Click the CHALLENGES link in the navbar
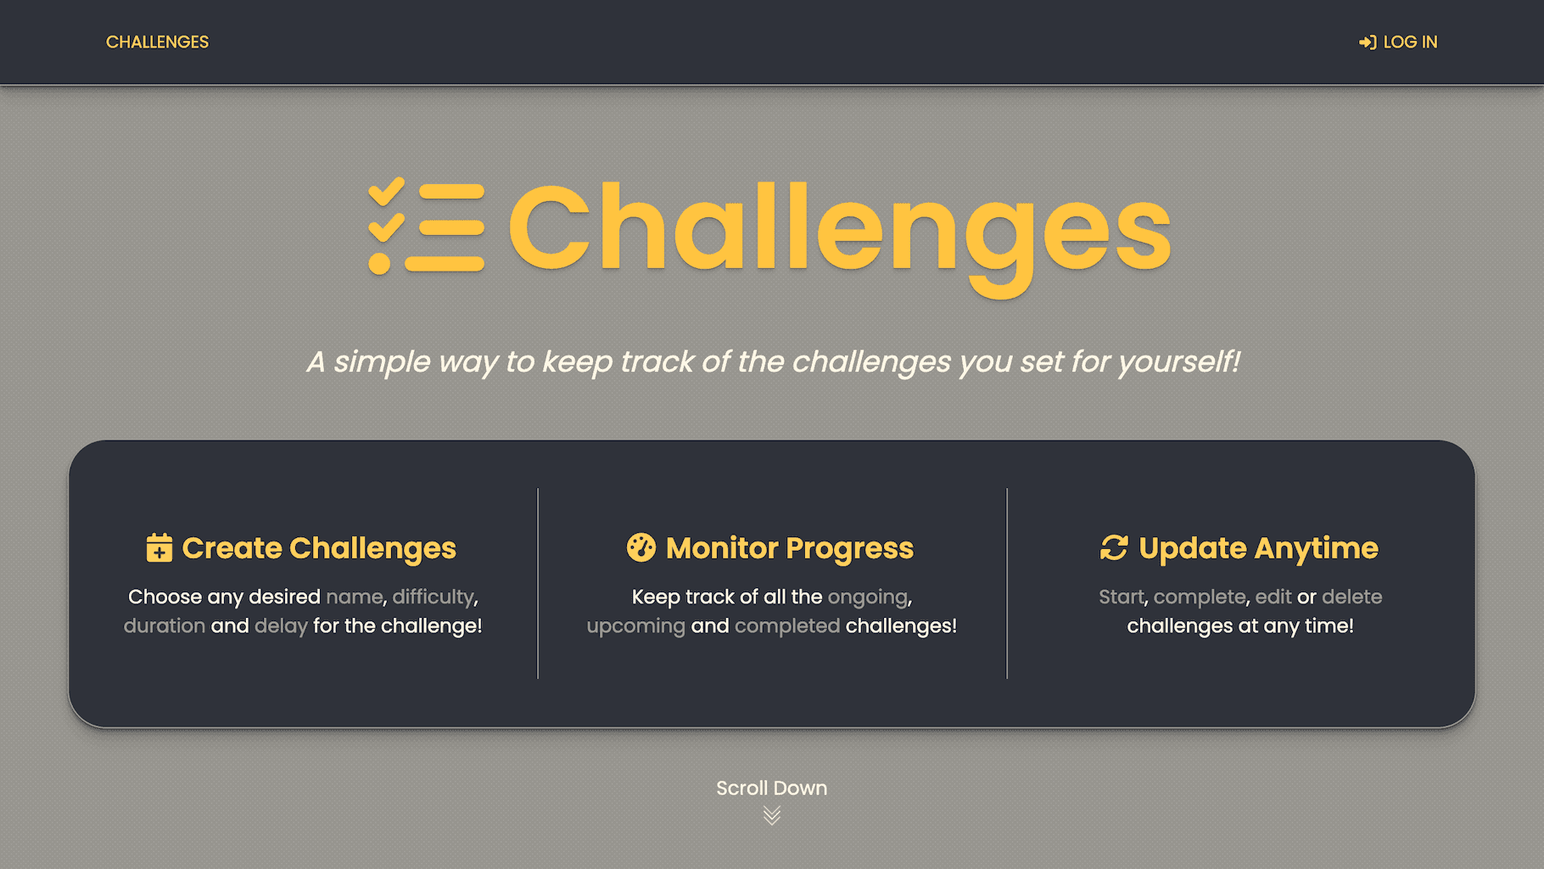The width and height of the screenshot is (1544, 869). point(157,42)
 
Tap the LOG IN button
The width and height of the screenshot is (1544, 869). point(1398,42)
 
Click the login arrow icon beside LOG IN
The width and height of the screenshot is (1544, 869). point(1368,42)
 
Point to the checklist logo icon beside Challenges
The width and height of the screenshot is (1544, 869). point(426,226)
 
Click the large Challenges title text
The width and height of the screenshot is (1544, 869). point(839,233)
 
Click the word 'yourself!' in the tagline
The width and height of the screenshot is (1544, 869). point(1178,362)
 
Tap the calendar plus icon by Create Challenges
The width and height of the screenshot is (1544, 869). point(159,547)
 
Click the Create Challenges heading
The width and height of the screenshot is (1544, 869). point(319,548)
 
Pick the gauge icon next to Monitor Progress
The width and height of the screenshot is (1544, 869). point(641,547)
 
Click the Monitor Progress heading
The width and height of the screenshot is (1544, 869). point(790,548)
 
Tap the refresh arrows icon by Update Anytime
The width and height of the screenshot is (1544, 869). point(1114,547)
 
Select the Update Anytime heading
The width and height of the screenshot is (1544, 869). point(1258,548)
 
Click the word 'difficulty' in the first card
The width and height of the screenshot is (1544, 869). point(433,597)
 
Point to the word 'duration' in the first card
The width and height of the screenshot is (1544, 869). point(165,625)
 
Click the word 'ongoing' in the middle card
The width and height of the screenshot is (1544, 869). point(868,597)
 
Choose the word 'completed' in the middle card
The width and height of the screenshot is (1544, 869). point(787,626)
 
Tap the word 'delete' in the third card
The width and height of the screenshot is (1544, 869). point(1352,597)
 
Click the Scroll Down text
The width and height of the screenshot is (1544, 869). point(772,788)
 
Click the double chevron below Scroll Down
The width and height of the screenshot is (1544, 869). point(772,816)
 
